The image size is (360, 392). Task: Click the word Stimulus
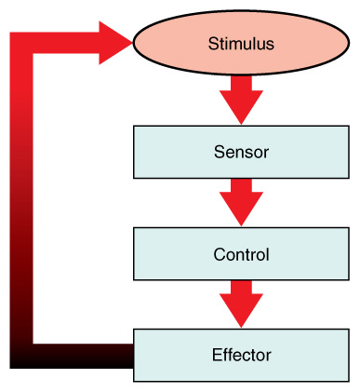[x=241, y=43]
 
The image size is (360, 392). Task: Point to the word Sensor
[x=241, y=152]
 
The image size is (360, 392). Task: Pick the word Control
[x=241, y=253]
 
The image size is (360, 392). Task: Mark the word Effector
[x=241, y=355]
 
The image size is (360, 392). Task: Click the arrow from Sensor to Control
[x=241, y=201]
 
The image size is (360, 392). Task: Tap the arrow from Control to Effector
[x=241, y=304]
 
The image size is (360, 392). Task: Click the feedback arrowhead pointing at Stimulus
[x=116, y=43]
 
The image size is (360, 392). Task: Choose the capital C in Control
[x=219, y=253]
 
